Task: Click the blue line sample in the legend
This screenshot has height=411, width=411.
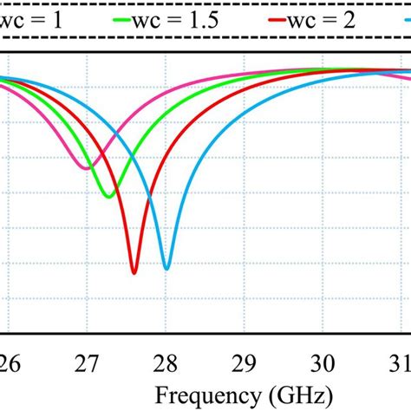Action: [401, 20]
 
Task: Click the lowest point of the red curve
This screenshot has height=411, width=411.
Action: [134, 273]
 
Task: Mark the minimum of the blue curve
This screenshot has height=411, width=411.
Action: [167, 268]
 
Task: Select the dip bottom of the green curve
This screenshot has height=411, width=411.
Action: [108, 198]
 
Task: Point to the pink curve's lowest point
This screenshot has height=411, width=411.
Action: [86, 168]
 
